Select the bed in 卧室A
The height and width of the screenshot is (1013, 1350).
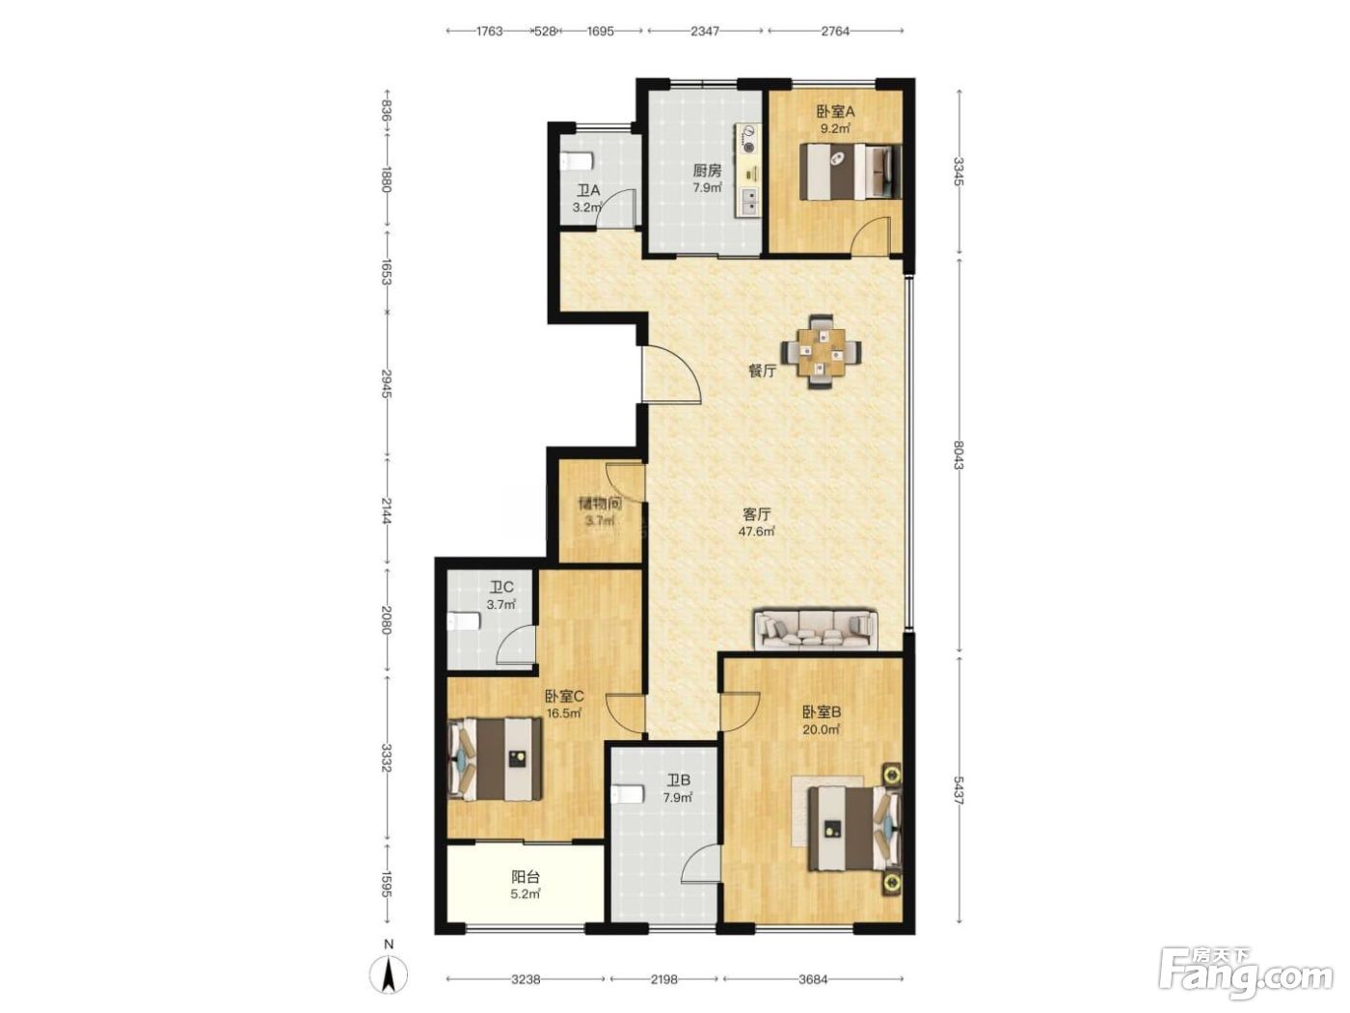pyautogui.click(x=850, y=171)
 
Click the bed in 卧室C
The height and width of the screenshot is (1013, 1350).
pyautogui.click(x=495, y=758)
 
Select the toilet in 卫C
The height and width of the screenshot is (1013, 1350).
pyautogui.click(x=463, y=622)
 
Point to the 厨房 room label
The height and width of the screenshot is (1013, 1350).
pyautogui.click(x=707, y=171)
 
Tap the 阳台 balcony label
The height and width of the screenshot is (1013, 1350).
pyautogui.click(x=526, y=876)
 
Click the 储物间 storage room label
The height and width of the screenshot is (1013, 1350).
pyautogui.click(x=600, y=504)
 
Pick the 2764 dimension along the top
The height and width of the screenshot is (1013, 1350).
pyautogui.click(x=835, y=31)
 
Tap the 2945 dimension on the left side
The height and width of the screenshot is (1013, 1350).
pyautogui.click(x=387, y=384)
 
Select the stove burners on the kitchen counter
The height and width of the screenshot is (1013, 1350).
pyautogui.click(x=748, y=139)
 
